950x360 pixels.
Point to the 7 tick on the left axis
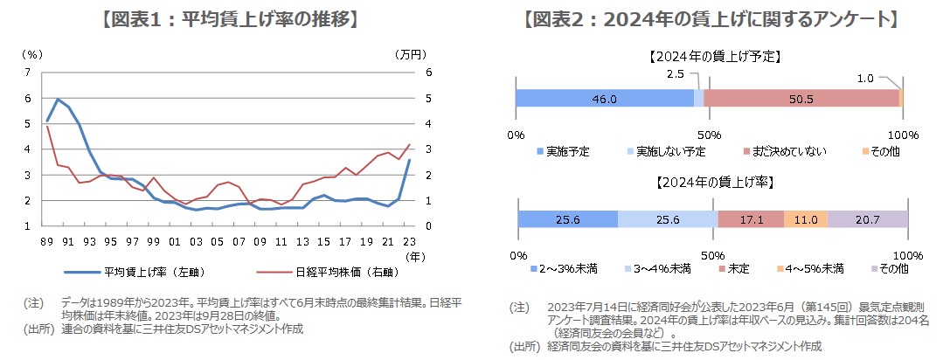click(x=27, y=73)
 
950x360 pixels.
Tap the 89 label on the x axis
click(x=47, y=240)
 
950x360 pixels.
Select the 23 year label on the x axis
click(x=409, y=240)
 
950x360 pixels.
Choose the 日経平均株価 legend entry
click(x=309, y=270)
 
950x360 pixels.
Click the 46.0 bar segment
click(x=604, y=99)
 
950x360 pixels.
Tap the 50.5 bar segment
click(x=801, y=99)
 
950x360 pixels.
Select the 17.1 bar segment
click(x=751, y=219)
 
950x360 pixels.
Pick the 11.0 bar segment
click(x=806, y=219)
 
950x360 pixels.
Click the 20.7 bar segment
click(x=868, y=219)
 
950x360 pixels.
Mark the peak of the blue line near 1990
click(x=58, y=99)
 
